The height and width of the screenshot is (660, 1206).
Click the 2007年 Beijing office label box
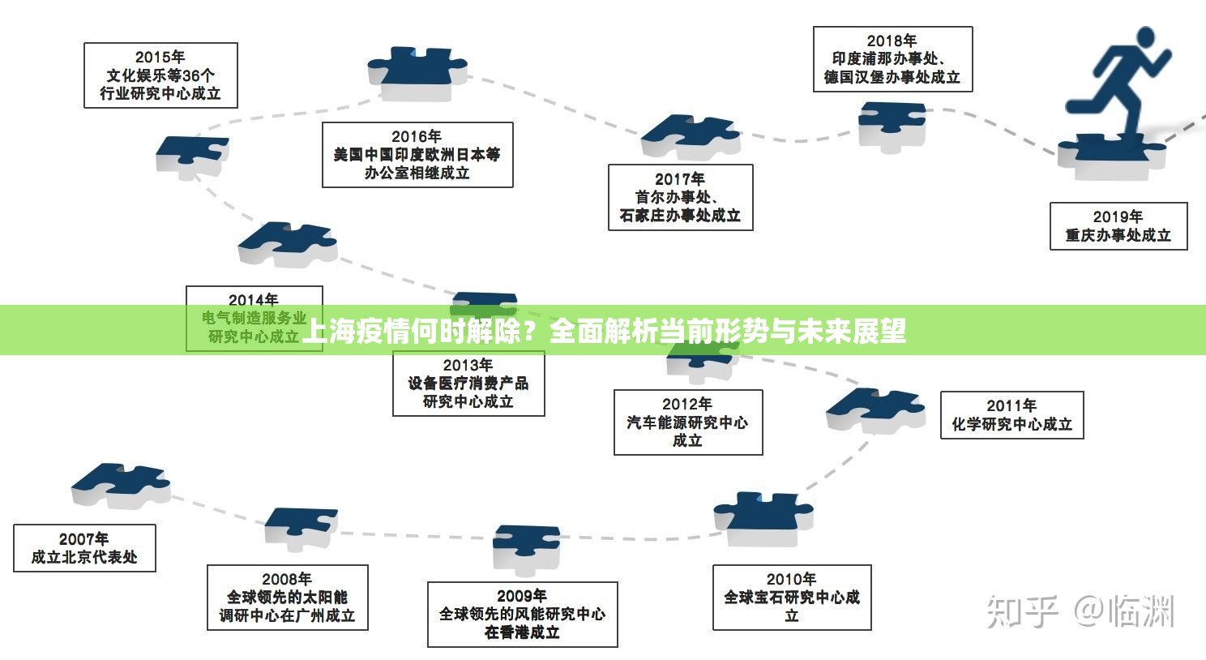click(84, 548)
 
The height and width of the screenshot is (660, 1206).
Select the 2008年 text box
click(287, 598)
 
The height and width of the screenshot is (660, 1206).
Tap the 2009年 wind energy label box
click(522, 615)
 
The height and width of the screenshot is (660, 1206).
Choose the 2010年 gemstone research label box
click(792, 598)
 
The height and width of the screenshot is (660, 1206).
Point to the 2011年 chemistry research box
click(1011, 415)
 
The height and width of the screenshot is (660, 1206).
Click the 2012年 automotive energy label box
click(687, 422)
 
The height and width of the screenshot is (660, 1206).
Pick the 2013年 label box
click(468, 384)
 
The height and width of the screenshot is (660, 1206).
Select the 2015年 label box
click(160, 75)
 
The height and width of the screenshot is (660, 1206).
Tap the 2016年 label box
click(417, 155)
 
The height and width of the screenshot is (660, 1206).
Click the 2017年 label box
click(680, 197)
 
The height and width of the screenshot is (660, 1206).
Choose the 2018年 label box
click(892, 59)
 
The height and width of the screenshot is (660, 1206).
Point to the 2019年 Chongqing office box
click(1118, 226)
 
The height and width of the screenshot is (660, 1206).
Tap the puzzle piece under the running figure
click(1110, 156)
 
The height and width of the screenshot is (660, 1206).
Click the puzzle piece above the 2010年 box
click(762, 516)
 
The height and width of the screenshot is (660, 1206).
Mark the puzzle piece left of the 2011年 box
click(875, 409)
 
